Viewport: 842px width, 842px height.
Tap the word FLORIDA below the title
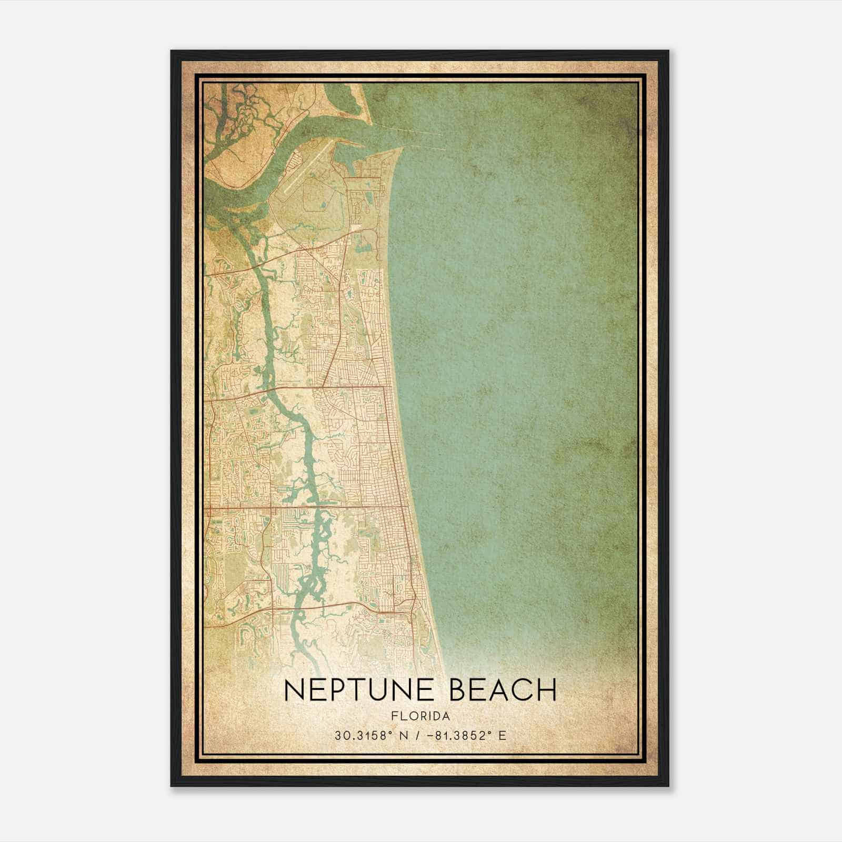(420, 716)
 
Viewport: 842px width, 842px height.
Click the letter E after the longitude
(502, 735)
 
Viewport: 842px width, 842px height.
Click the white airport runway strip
(308, 165)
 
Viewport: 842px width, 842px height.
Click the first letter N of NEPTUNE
(294, 690)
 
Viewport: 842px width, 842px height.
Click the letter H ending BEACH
(547, 690)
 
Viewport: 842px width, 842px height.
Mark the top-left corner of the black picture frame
(171, 51)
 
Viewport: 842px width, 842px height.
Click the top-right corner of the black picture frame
(669, 51)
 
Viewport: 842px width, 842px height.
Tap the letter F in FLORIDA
(394, 716)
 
